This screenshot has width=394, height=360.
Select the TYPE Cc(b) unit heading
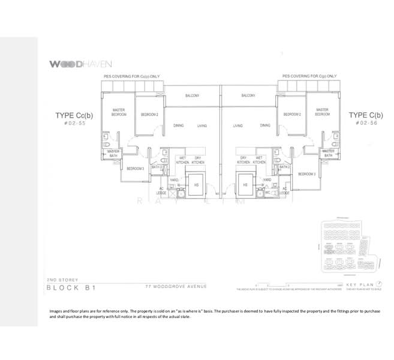[75, 115]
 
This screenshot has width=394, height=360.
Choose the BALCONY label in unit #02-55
[191, 95]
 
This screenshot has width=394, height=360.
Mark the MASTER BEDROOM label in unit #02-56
[322, 112]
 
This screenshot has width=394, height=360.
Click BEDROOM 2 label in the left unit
[149, 114]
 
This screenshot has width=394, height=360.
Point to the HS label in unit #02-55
[196, 185]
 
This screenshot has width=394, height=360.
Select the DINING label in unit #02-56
[265, 125]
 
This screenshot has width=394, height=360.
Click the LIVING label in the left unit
[201, 126]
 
